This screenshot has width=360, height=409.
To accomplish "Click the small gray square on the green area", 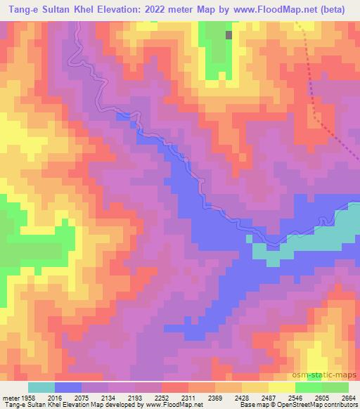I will point(229,34).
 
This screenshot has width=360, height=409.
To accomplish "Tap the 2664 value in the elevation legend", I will point(349,398).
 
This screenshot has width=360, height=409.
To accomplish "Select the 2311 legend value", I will point(188,398).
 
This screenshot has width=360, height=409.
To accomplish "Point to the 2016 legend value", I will point(54,398).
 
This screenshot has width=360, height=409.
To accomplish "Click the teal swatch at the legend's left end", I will point(41,387).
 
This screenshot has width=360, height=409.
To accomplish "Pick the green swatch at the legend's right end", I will point(335,387).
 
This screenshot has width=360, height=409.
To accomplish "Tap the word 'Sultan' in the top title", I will point(57,11).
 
